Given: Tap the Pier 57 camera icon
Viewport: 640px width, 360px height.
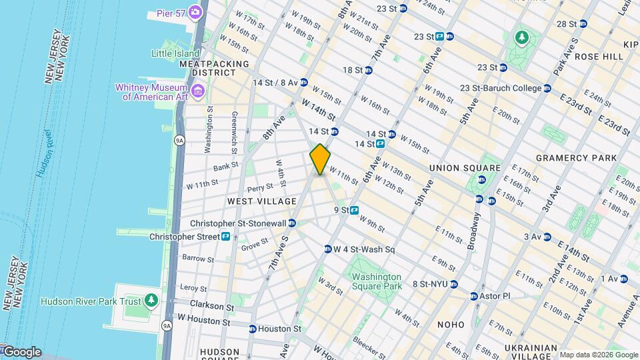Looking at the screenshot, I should (x=195, y=11).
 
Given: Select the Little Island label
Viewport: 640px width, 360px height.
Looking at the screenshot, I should (x=175, y=53).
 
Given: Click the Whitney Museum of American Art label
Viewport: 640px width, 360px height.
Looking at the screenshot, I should (x=152, y=92).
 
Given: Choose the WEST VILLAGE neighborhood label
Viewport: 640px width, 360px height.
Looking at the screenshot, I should (x=261, y=201).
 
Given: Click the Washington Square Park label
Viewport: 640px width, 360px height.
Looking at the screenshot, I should (x=377, y=281).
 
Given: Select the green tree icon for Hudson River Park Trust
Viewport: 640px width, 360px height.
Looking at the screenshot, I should (x=152, y=301).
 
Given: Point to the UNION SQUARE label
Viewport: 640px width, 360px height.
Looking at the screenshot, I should (x=465, y=168).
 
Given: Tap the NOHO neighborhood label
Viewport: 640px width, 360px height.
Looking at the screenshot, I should (x=451, y=325).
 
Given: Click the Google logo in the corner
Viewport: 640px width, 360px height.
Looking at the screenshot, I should (x=21, y=352).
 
